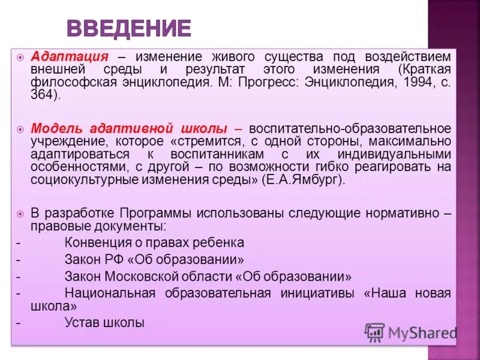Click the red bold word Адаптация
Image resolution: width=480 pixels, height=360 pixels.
[69, 57]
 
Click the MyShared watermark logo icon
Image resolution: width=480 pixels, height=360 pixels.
[374, 332]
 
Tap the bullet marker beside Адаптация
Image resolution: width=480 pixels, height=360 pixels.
[20, 57]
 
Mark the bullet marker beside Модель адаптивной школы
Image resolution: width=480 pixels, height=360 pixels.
[20, 129]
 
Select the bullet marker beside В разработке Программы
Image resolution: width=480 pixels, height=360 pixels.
[20, 214]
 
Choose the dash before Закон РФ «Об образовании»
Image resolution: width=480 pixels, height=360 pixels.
[18, 260]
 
